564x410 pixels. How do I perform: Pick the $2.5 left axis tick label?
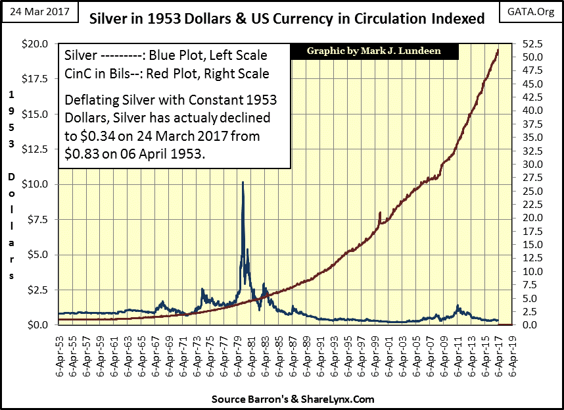(37, 290)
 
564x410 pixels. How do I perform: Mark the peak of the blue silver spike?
(243, 182)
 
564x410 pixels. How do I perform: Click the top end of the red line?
(498, 50)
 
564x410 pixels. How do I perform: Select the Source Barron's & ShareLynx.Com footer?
(293, 399)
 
